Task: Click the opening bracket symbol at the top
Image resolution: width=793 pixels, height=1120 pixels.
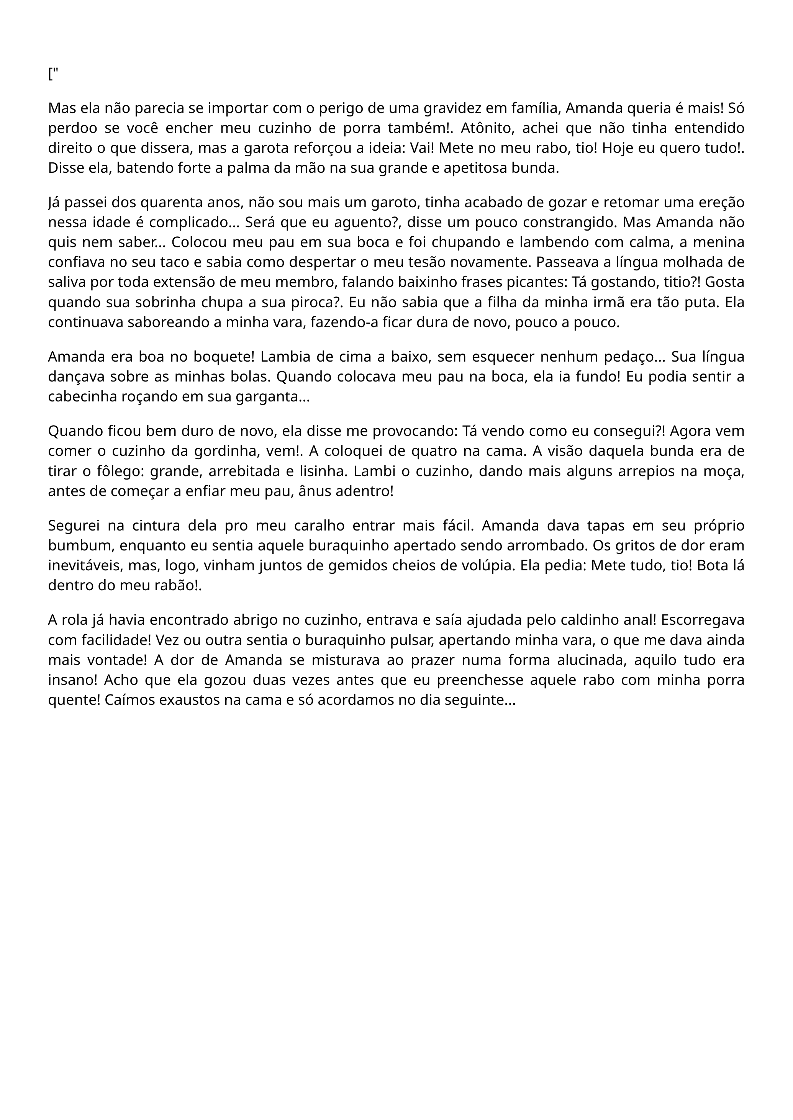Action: (50, 75)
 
